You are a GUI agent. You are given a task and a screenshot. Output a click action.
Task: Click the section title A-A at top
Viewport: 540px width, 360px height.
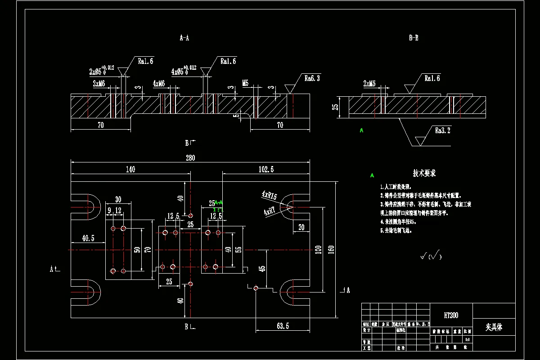pos(184,38)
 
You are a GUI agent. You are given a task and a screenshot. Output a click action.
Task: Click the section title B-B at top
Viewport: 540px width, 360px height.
pos(414,38)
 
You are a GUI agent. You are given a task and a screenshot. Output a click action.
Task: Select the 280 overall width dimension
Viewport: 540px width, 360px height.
pos(191,157)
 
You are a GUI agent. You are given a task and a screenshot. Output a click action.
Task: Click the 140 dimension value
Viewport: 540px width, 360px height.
pos(130,170)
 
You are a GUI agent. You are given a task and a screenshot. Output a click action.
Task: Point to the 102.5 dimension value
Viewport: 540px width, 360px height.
pos(266,170)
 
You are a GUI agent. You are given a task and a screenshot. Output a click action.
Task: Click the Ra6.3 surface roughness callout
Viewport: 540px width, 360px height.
pos(312,78)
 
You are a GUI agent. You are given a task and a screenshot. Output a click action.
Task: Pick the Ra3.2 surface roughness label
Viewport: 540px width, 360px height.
pos(442,131)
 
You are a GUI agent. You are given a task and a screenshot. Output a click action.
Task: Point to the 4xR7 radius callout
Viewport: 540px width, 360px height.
pos(270,211)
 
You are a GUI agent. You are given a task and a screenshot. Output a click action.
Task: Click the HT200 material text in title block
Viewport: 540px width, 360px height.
pos(451,315)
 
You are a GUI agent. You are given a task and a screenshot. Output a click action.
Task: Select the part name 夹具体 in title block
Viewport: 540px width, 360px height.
pos(494,327)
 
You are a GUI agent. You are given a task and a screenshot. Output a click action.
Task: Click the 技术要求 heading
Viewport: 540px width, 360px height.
pos(424,173)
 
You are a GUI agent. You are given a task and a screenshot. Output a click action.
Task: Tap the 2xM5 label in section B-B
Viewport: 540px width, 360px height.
pos(369,83)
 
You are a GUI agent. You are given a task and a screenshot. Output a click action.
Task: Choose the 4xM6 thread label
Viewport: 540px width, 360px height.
pos(158,84)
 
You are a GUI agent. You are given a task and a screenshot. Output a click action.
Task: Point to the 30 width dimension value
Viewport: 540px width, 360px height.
pos(118,199)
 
